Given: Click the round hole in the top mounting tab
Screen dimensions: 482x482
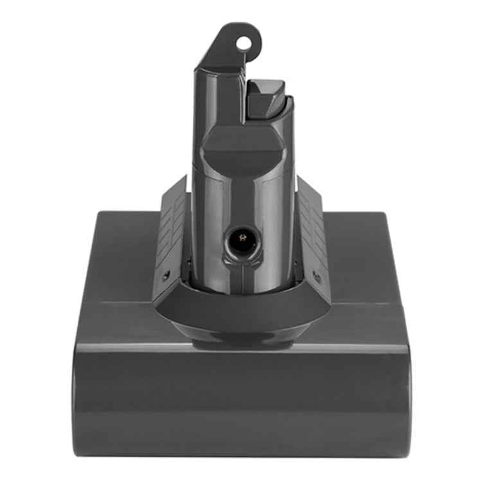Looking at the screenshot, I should point(244,43).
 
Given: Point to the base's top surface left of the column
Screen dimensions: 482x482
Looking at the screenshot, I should point(122,257).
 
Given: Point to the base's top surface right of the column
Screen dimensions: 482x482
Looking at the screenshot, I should point(360,257).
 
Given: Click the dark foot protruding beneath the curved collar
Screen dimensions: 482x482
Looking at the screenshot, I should point(241,344).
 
